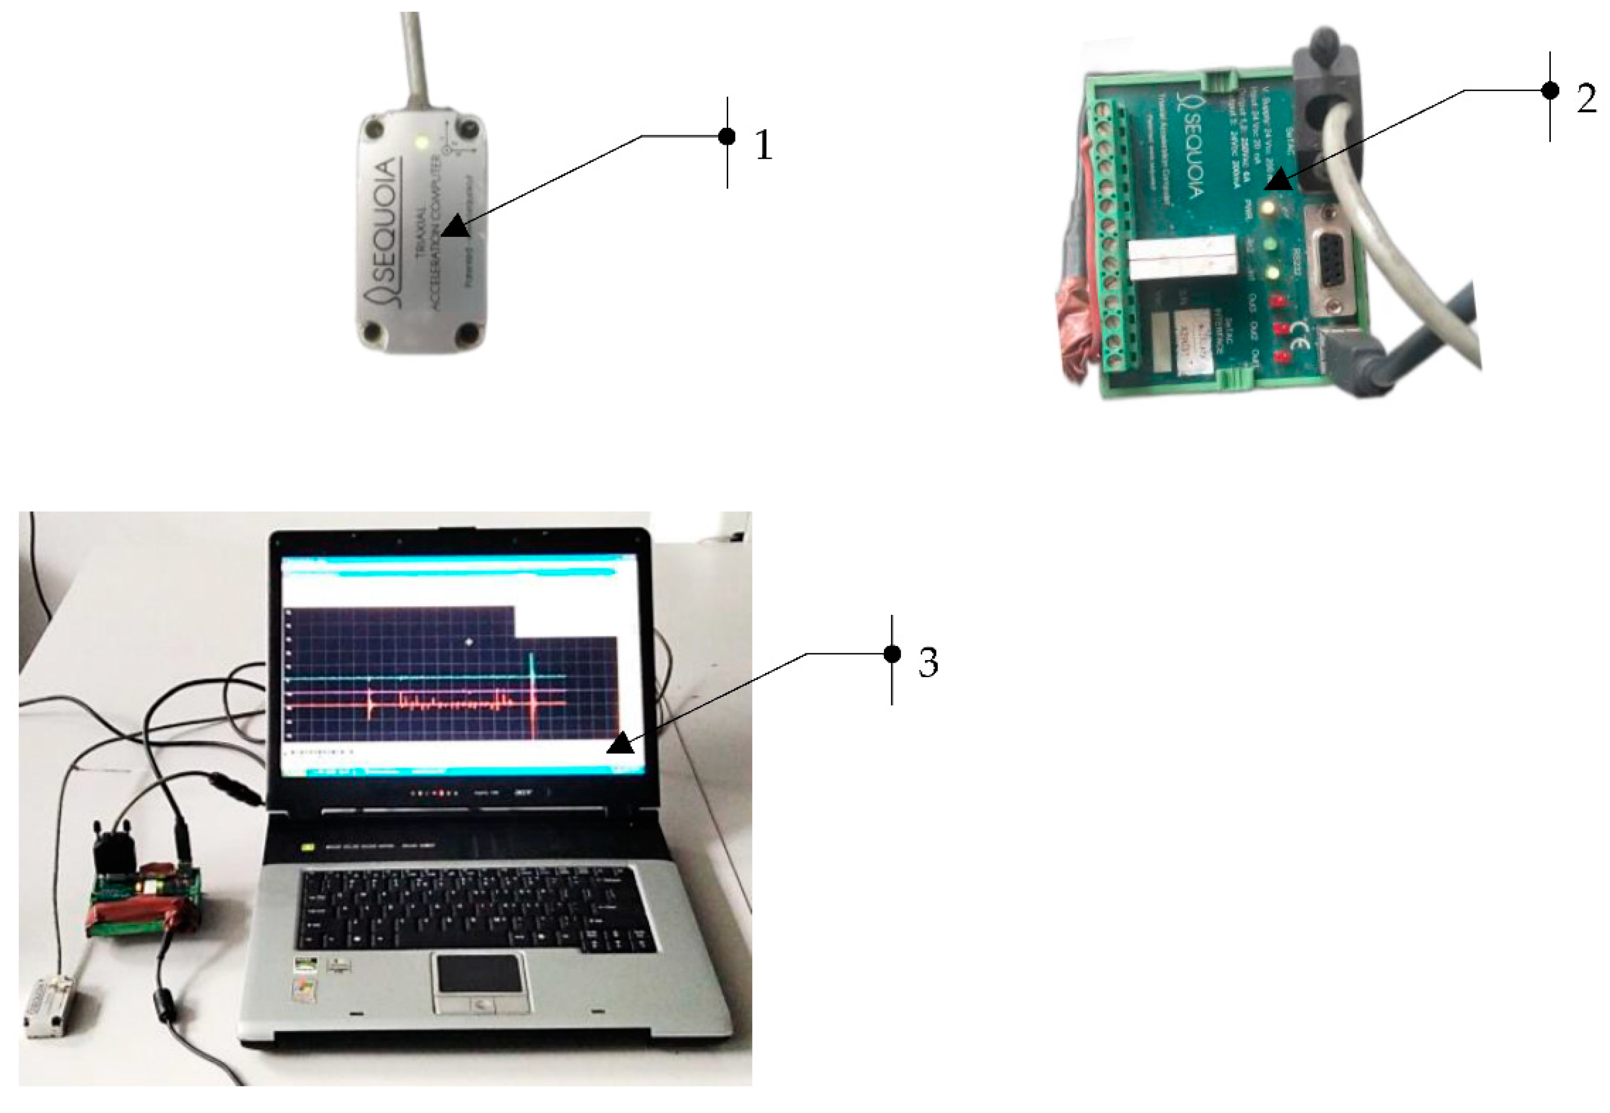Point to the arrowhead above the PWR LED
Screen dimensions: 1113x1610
pyautogui.click(x=1279, y=181)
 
